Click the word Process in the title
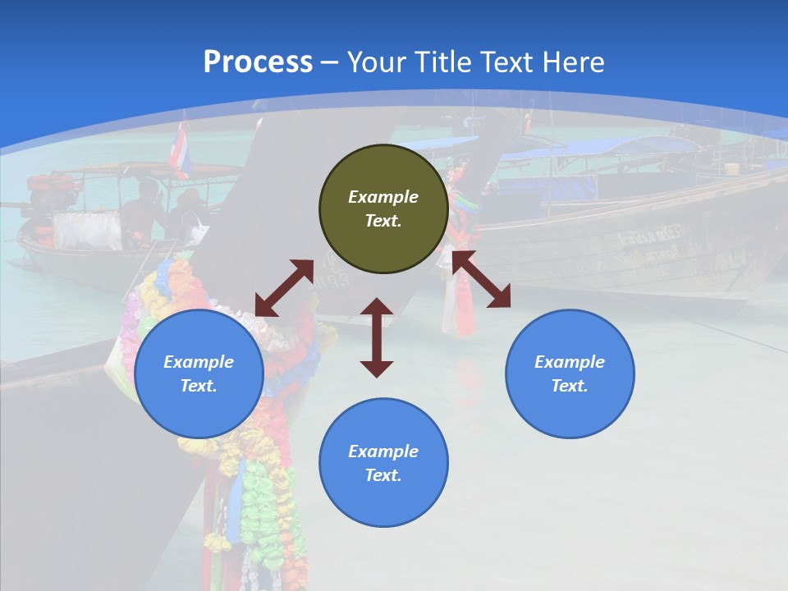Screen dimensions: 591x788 (x=258, y=62)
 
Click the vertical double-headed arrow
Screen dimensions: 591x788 (x=377, y=337)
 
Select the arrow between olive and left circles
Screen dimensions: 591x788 (x=284, y=288)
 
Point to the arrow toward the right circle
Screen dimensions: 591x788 (x=482, y=279)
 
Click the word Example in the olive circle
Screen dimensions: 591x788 (x=383, y=197)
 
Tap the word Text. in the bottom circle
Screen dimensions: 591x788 (x=383, y=475)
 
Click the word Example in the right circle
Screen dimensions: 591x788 (x=570, y=362)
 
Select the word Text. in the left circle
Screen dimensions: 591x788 (x=199, y=386)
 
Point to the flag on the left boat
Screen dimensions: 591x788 (x=180, y=150)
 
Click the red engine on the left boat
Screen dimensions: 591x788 (x=51, y=189)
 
